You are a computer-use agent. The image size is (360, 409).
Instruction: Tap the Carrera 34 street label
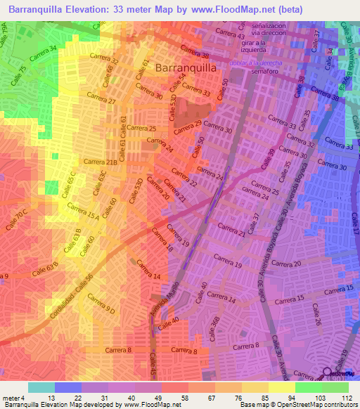pos(43,51)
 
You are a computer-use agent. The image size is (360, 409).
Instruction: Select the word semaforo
pos(255,72)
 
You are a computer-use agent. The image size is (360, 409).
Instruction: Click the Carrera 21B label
pos(101,162)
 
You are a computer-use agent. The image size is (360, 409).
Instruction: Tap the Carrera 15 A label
pos(82,212)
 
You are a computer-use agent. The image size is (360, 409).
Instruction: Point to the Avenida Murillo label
pos(160,301)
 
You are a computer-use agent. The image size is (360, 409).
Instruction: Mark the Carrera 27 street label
pos(101,101)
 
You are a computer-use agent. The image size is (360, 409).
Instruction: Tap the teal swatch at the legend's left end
pos(41,387)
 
